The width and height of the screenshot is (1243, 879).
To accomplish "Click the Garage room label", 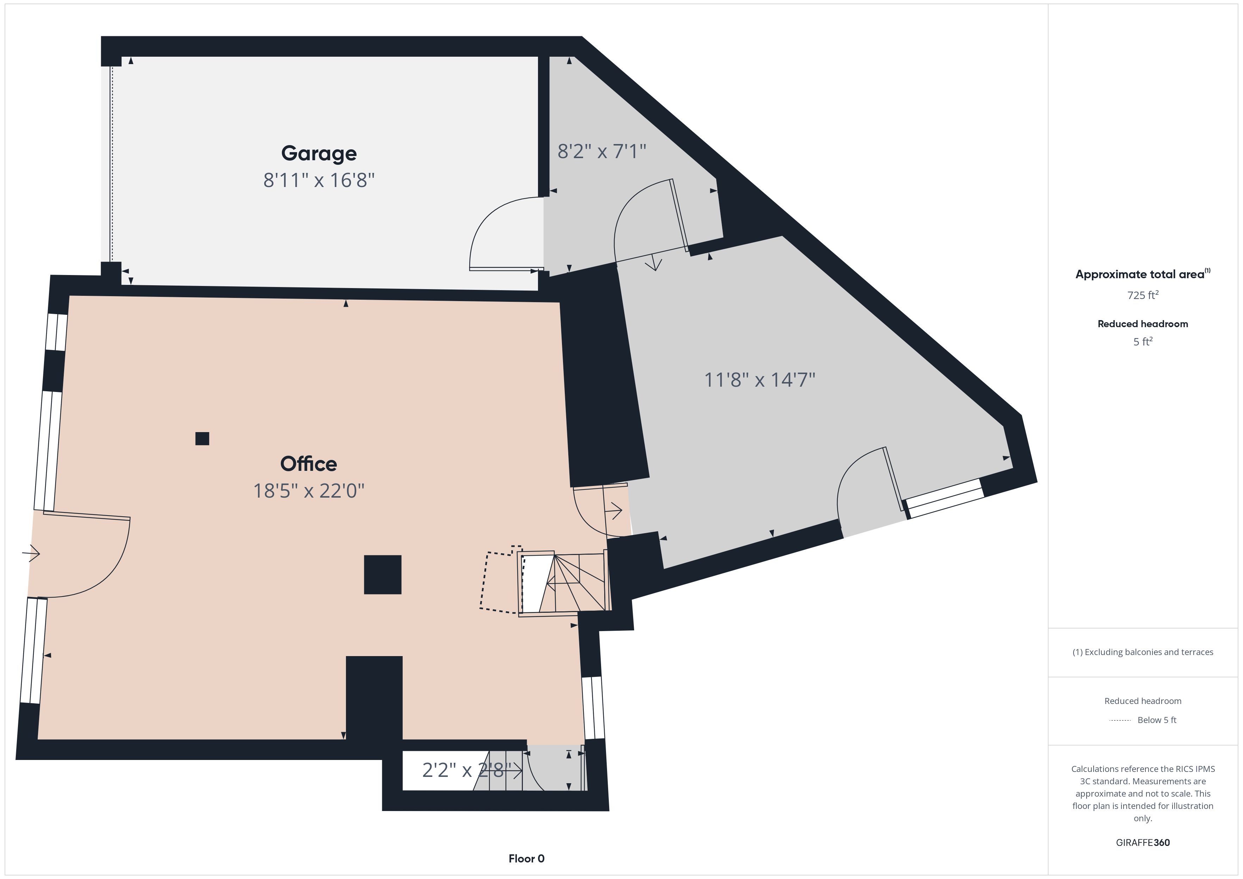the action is click(319, 154).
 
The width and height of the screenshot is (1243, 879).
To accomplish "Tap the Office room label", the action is click(309, 464).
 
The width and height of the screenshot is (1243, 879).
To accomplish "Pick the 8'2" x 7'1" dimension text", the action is click(602, 151).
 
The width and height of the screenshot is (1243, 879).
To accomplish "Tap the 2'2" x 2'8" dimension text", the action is click(467, 770).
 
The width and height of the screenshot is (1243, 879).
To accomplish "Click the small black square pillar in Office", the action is click(202, 438).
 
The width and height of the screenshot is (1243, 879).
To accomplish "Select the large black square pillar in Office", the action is click(383, 575).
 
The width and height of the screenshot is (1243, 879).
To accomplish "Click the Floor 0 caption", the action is click(526, 859).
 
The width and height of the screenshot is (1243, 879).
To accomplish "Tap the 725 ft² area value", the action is click(1143, 295).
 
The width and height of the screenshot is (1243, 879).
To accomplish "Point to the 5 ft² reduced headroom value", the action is click(1143, 342).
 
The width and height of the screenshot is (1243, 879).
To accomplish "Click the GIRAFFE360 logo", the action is click(1143, 843).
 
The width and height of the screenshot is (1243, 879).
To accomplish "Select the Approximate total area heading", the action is click(1143, 274).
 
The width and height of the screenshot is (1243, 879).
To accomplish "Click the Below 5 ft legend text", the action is click(1157, 720).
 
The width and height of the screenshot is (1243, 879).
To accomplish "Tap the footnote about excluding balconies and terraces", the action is click(1143, 652).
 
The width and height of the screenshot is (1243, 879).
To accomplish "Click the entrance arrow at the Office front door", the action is click(31, 554).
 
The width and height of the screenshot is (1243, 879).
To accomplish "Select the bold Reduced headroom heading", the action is click(1143, 324).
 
